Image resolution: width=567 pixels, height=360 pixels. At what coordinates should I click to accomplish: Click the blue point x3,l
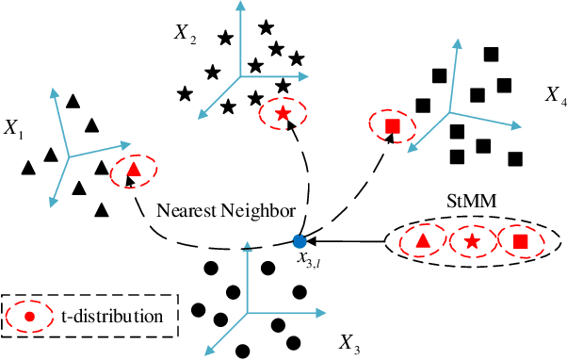click(300, 241)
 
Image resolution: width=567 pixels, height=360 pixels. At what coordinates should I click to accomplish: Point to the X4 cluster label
click(555, 95)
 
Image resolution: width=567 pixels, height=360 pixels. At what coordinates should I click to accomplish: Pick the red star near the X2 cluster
click(283, 114)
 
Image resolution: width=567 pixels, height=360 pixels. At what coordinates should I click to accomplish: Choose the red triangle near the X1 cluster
click(134, 171)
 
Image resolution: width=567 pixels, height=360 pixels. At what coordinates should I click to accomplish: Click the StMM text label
click(467, 201)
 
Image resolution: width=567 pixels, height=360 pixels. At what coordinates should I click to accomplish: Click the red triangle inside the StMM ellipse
click(423, 242)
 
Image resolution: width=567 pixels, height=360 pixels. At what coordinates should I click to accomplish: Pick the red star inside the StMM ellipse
click(472, 242)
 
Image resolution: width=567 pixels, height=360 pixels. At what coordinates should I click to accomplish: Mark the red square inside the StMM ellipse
click(520, 242)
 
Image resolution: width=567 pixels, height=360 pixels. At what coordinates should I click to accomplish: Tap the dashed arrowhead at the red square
click(386, 139)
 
